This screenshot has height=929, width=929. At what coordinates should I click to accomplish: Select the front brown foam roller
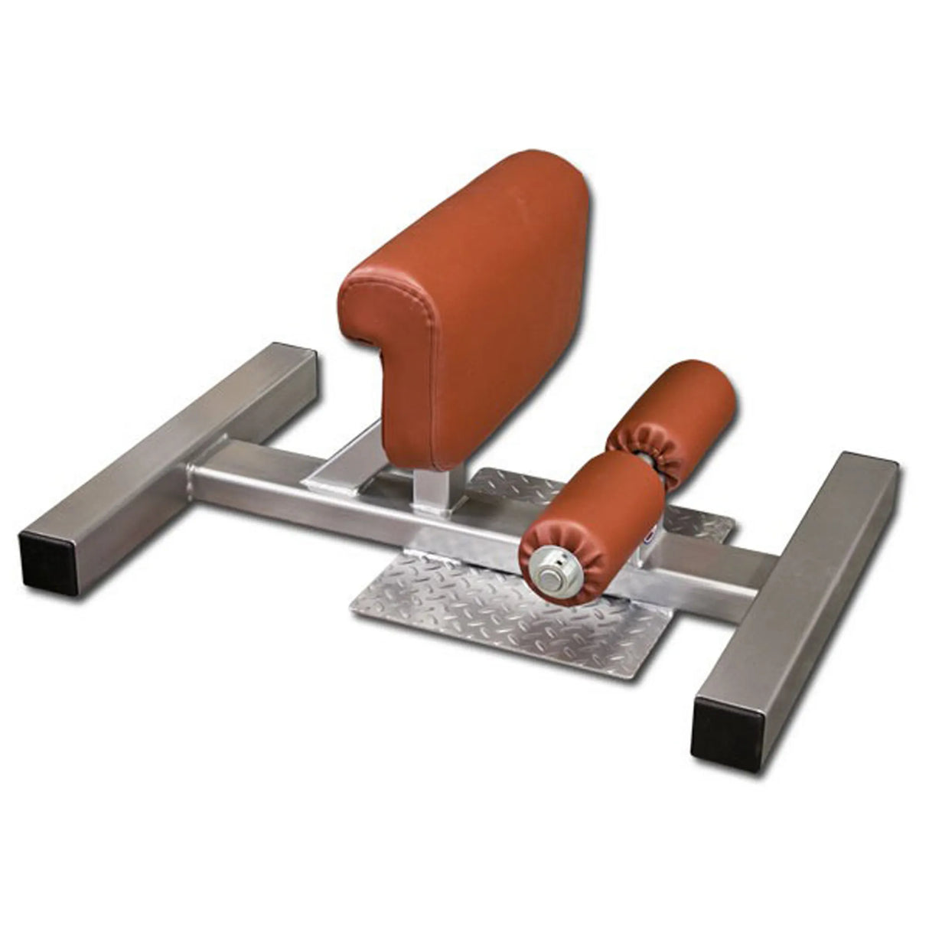(x=597, y=520)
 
